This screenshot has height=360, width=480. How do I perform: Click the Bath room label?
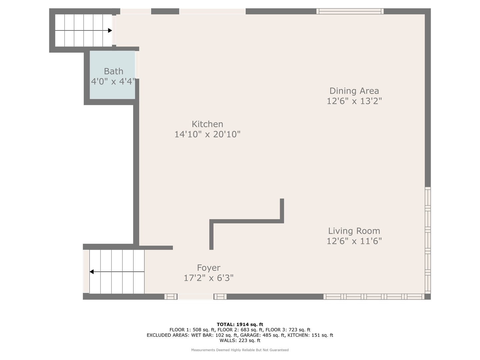113,71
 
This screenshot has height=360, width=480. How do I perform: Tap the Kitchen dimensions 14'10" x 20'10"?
207,134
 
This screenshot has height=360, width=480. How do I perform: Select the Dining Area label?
354,91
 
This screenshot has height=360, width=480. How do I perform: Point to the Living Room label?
354,231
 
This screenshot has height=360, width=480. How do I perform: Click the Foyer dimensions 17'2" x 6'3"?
209,278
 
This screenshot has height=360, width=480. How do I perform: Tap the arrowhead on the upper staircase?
110,31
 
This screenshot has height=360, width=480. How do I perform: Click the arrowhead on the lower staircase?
92,272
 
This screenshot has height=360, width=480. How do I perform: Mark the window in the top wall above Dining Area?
350,11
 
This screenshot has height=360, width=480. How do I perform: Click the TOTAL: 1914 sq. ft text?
240,324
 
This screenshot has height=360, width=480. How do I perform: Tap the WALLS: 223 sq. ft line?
240,340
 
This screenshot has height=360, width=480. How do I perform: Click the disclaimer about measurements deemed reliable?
240,350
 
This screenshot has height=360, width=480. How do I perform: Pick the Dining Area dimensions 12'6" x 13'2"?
354,101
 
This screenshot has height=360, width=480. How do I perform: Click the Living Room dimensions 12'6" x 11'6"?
354,241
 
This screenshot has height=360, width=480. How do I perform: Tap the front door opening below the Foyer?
195,297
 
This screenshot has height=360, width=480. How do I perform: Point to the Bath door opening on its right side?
137,65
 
